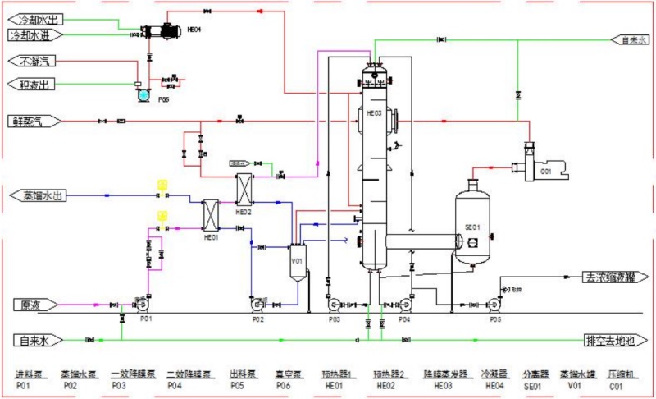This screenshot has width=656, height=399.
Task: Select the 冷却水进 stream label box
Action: click(35, 35)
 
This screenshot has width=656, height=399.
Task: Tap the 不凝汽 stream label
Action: click(35, 62)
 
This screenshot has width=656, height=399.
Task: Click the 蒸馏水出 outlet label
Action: click(39, 195)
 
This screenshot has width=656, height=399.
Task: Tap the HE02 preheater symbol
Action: click(245, 189)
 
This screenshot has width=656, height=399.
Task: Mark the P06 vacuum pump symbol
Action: click(144, 93)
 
